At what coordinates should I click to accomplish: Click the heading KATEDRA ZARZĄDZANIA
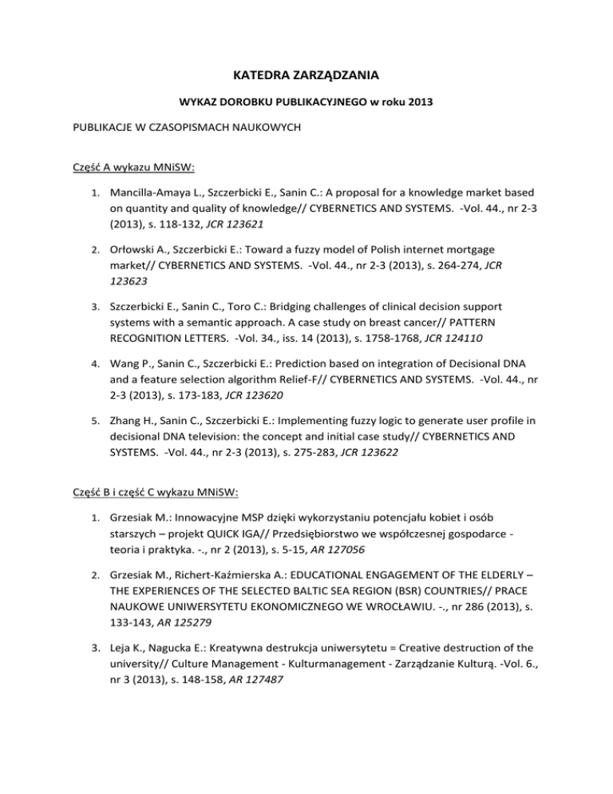pos(306,77)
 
